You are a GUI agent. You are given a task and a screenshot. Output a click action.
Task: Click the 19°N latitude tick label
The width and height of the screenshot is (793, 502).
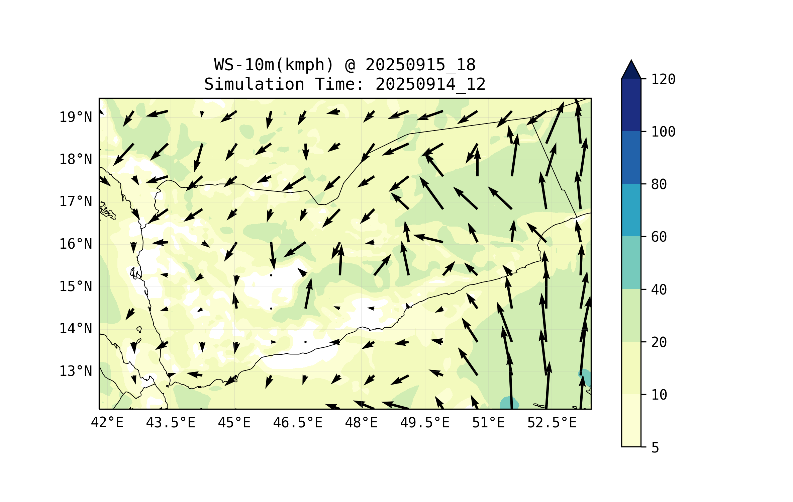(x=76, y=117)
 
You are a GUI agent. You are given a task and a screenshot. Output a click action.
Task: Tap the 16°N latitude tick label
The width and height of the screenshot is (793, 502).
(x=76, y=244)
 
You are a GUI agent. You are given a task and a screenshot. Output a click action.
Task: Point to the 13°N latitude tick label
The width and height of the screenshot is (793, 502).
(x=76, y=371)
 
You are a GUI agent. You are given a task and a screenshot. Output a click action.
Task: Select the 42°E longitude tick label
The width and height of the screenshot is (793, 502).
(x=107, y=423)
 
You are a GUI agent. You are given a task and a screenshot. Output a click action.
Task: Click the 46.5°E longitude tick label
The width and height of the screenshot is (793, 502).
(x=298, y=423)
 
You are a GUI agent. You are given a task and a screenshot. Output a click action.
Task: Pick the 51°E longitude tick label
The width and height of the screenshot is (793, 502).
(x=488, y=423)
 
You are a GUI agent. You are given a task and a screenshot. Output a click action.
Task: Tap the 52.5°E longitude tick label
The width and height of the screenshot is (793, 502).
(x=552, y=423)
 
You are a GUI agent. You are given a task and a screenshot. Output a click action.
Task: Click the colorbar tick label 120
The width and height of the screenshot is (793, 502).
(x=663, y=79)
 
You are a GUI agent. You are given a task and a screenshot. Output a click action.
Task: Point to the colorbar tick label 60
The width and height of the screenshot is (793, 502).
(x=659, y=237)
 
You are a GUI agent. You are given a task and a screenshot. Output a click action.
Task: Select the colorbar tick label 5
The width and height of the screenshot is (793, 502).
(x=655, y=448)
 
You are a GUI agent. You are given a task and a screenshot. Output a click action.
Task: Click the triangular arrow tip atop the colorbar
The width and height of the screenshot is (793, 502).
(x=631, y=70)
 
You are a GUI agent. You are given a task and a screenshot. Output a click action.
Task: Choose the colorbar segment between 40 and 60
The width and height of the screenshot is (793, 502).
(x=631, y=263)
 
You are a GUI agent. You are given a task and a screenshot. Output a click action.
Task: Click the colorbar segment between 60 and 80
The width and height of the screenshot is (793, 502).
(x=631, y=210)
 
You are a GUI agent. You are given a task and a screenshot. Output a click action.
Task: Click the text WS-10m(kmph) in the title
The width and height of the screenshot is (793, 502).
(x=274, y=65)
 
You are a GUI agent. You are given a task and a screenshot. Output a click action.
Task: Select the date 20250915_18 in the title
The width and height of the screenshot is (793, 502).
(x=420, y=65)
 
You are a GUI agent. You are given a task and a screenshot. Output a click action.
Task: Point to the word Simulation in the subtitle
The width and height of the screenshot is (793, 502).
(x=254, y=84)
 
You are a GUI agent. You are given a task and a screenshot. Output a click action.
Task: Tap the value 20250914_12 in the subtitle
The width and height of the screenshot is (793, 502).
(x=430, y=84)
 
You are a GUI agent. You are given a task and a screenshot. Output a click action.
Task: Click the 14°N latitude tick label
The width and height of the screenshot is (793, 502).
(x=76, y=329)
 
